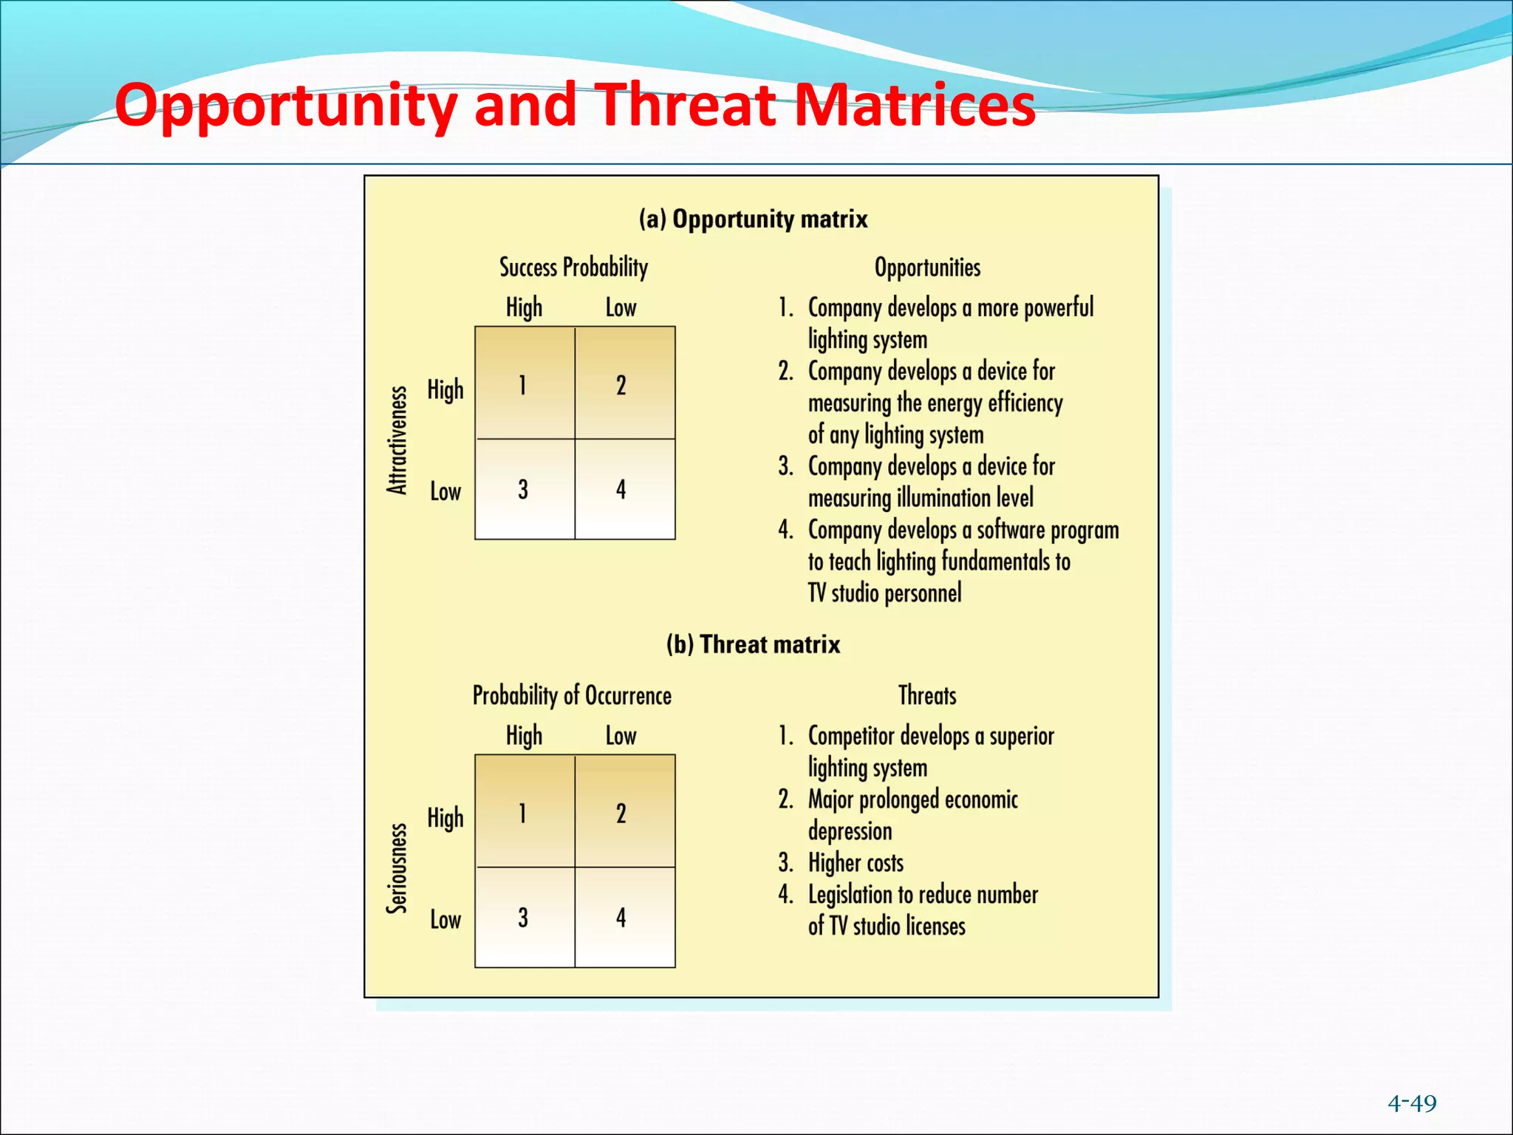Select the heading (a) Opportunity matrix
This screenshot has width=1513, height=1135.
click(x=753, y=219)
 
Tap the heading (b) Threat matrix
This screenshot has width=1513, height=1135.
click(x=753, y=644)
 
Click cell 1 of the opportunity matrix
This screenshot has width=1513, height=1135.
click(x=524, y=384)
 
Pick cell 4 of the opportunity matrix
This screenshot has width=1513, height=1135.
click(x=624, y=489)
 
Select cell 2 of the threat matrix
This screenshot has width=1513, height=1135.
click(x=624, y=813)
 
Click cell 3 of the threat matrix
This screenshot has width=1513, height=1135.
click(x=524, y=917)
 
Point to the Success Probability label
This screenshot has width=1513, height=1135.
click(x=573, y=267)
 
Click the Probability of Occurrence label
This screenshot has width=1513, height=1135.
click(x=572, y=695)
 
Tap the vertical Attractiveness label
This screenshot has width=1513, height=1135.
click(x=397, y=440)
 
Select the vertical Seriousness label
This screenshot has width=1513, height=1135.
click(x=397, y=868)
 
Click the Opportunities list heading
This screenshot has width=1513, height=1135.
click(x=927, y=267)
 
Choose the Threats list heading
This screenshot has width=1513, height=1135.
click(x=927, y=695)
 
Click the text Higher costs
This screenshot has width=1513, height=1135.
click(x=855, y=863)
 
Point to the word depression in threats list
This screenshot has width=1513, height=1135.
click(x=850, y=831)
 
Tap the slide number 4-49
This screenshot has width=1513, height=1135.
click(x=1412, y=1103)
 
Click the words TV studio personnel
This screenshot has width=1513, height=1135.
click(x=884, y=593)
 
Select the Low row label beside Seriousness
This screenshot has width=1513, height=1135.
click(x=445, y=920)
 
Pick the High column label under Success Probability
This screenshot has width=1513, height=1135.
click(x=524, y=307)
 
